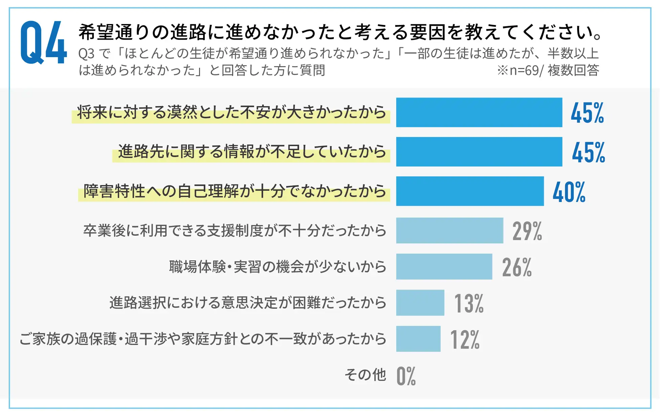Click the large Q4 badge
(43, 42)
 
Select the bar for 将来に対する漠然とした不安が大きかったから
(479, 112)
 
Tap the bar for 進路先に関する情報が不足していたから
(479, 152)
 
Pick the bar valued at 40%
(470, 191)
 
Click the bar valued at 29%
(449, 230)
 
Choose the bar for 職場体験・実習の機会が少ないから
(444, 266)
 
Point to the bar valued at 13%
(420, 303)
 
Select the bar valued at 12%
(418, 339)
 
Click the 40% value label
(569, 192)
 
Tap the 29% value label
(527, 231)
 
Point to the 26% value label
(517, 268)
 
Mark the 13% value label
(469, 304)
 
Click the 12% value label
(465, 340)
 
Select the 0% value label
(406, 376)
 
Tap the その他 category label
(365, 375)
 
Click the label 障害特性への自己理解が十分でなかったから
(235, 191)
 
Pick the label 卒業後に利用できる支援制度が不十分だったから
(235, 231)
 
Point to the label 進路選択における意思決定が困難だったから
(247, 303)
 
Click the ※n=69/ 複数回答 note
(548, 70)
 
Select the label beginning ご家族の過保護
(203, 339)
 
